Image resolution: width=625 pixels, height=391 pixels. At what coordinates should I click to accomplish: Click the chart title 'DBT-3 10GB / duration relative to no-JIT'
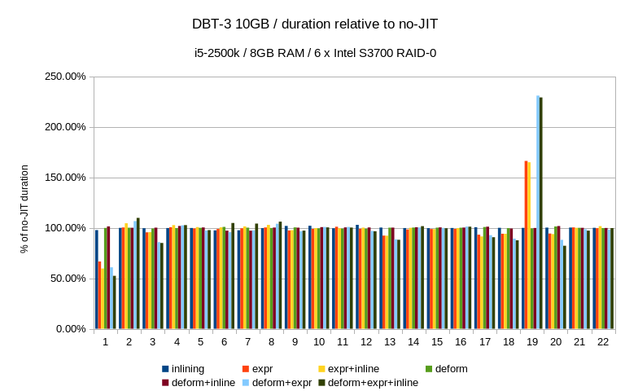click(315, 24)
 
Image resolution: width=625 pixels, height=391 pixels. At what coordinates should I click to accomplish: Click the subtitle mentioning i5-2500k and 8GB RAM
click(315, 53)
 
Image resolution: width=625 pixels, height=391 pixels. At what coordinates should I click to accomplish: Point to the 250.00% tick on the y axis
click(63, 77)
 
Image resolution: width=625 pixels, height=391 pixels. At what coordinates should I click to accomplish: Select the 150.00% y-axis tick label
click(63, 178)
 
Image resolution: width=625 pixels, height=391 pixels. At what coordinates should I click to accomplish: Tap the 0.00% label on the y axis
click(68, 329)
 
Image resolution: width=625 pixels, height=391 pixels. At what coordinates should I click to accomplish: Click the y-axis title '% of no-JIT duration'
click(25, 209)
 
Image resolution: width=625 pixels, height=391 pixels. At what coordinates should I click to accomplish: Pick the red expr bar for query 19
click(526, 244)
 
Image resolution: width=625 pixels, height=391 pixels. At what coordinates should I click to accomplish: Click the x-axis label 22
click(603, 342)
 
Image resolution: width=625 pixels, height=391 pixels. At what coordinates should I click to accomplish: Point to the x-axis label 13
click(390, 342)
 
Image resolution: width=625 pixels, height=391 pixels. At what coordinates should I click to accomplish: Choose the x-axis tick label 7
click(247, 342)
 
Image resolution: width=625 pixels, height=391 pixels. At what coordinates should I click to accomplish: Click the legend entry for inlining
click(188, 369)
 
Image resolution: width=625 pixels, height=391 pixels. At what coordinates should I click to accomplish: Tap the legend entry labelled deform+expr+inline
click(373, 382)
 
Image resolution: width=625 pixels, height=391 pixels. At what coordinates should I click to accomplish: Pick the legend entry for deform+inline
click(203, 382)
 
